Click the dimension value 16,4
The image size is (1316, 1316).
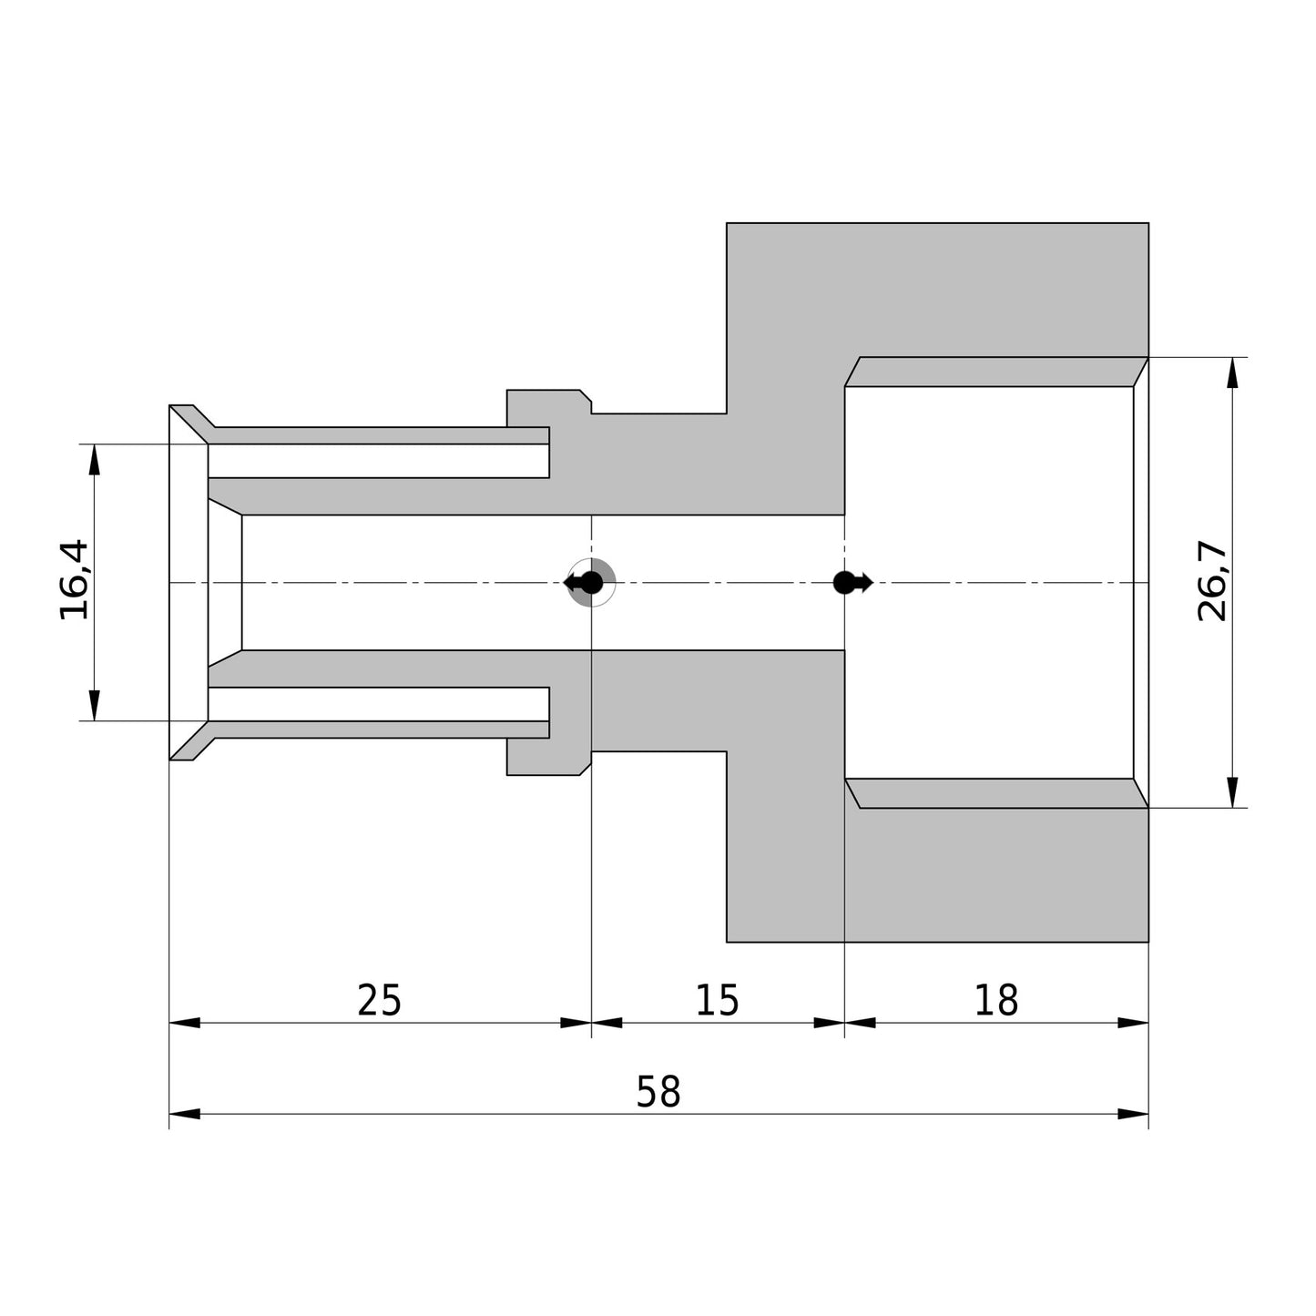pyautogui.click(x=74, y=580)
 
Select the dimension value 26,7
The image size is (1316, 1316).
pyautogui.click(x=1212, y=580)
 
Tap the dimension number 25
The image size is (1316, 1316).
pyautogui.click(x=379, y=1001)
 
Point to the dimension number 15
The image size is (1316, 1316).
pyautogui.click(x=717, y=1001)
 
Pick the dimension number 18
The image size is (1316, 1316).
pyautogui.click(x=996, y=1001)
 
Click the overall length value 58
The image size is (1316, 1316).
pyautogui.click(x=658, y=1092)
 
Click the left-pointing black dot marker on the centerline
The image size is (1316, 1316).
pyautogui.click(x=584, y=583)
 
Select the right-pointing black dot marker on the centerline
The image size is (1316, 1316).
pyautogui.click(x=853, y=583)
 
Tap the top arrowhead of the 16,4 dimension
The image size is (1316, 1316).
pyautogui.click(x=94, y=460)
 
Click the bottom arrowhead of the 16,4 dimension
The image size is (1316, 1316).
pyautogui.click(x=94, y=706)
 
